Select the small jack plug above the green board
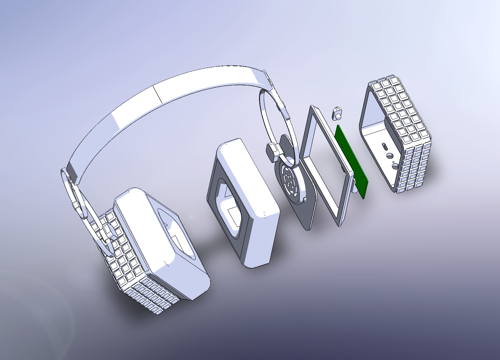[x=337, y=113]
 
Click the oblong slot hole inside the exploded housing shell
[x=384, y=147]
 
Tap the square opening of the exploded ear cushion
[x=230, y=213]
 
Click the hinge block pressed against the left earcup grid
[x=109, y=230]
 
